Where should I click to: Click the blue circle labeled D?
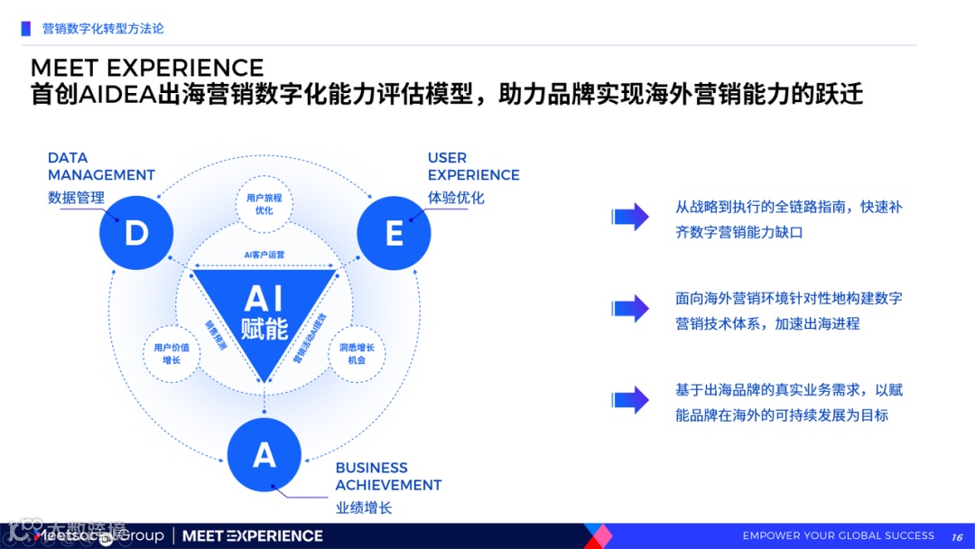[136, 234]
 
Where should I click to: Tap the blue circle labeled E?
[394, 234]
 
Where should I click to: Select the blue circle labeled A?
[264, 454]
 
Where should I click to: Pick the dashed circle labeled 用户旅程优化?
[264, 204]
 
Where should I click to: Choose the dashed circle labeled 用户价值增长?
[172, 353]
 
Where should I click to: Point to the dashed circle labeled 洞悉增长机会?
[357, 353]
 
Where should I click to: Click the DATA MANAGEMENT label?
[101, 167]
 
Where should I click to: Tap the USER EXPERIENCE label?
[473, 167]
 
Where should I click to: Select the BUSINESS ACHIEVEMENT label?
[388, 476]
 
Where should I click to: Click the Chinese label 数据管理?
[76, 198]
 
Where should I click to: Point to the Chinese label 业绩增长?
[364, 507]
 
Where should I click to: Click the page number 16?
[958, 536]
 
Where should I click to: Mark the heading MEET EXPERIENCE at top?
[147, 68]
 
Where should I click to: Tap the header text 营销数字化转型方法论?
[103, 29]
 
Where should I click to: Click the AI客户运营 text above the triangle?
[264, 255]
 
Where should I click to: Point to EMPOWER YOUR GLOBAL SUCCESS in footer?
[839, 535]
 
